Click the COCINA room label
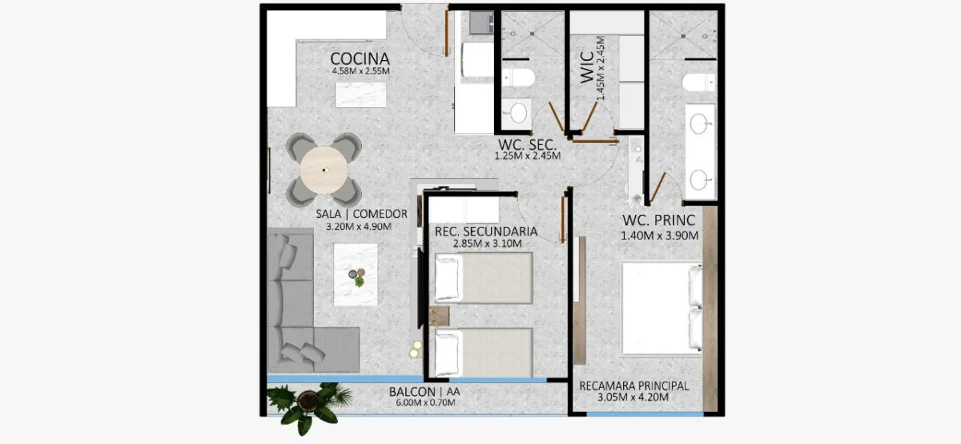pyautogui.click(x=360, y=59)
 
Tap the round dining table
pyautogui.click(x=324, y=171)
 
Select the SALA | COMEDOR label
pyautogui.click(x=361, y=214)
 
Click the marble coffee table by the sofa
pyautogui.click(x=356, y=275)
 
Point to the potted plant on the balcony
pyautogui.click(x=310, y=406)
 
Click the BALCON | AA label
pyautogui.click(x=424, y=392)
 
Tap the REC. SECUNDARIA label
pyautogui.click(x=486, y=232)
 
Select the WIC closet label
pyautogui.click(x=586, y=67)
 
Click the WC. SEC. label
pyautogui.click(x=527, y=145)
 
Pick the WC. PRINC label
pyautogui.click(x=658, y=220)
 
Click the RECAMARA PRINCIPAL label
pyautogui.click(x=633, y=386)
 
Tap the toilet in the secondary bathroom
pyautogui.click(x=519, y=77)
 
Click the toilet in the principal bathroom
pyautogui.click(x=698, y=82)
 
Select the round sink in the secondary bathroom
pyautogui.click(x=518, y=113)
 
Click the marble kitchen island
pyautogui.click(x=360, y=95)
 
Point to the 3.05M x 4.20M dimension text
pyautogui.click(x=633, y=398)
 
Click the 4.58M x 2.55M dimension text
pyautogui.click(x=360, y=71)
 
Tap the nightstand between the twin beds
pyautogui.click(x=439, y=316)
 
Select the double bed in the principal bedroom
pyautogui.click(x=662, y=309)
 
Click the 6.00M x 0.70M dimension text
pyautogui.click(x=425, y=403)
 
